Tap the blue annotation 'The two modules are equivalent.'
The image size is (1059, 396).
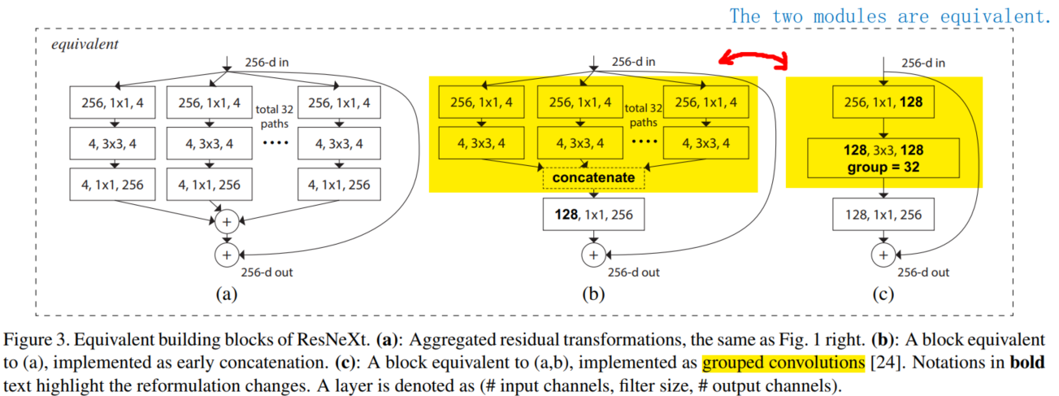point(890,15)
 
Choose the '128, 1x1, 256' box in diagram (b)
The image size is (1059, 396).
point(594,215)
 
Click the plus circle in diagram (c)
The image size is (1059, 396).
point(882,255)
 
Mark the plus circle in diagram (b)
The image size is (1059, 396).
point(594,255)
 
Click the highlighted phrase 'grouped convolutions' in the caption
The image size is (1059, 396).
point(762,362)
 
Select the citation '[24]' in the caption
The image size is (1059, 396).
point(840,362)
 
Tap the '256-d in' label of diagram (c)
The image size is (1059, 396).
point(922,63)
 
